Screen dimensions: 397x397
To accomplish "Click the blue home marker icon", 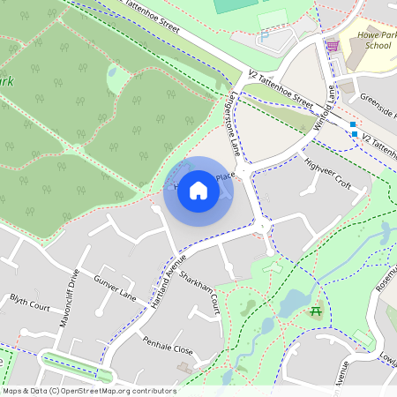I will point(198,191).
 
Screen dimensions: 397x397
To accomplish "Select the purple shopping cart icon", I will point(333,45).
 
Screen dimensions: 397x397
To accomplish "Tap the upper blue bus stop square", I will point(353,124).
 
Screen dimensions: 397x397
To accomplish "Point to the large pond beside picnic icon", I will point(291,303).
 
